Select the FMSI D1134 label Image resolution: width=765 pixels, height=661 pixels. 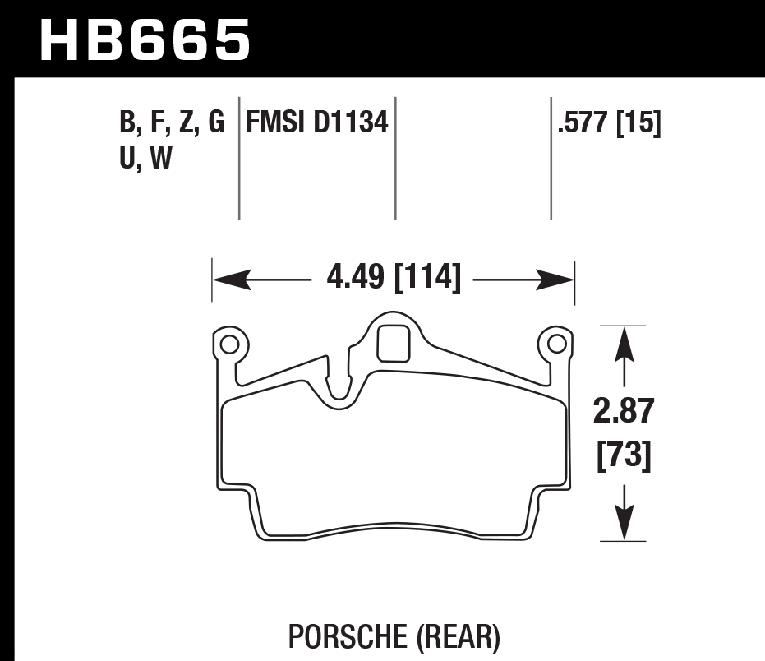tap(316, 124)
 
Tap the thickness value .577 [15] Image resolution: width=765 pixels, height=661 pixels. tap(609, 124)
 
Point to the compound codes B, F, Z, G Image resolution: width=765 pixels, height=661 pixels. tap(172, 124)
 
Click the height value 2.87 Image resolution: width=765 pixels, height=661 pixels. tap(624, 411)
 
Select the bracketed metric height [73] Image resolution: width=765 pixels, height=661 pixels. tap(624, 455)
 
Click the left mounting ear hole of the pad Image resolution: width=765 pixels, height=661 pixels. tap(228, 343)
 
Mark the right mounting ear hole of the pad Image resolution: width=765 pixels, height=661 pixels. tap(556, 343)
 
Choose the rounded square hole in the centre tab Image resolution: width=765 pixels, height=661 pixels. tap(393, 344)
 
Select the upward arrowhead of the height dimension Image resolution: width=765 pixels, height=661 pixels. tap(624, 342)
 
